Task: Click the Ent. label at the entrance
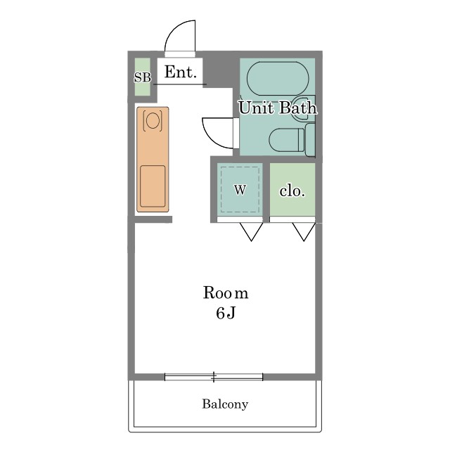181,72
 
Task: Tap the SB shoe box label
143,77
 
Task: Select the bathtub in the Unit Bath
278,79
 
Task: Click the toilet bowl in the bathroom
286,140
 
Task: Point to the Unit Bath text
278,108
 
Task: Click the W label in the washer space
240,190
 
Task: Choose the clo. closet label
292,191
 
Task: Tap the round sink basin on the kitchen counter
153,120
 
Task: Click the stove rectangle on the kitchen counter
153,186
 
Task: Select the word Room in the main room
226,292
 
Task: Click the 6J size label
226,313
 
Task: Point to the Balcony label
225,404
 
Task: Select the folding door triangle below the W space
252,232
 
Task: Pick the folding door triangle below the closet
304,232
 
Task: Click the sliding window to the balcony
214,377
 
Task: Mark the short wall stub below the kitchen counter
153,219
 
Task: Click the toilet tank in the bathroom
310,140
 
